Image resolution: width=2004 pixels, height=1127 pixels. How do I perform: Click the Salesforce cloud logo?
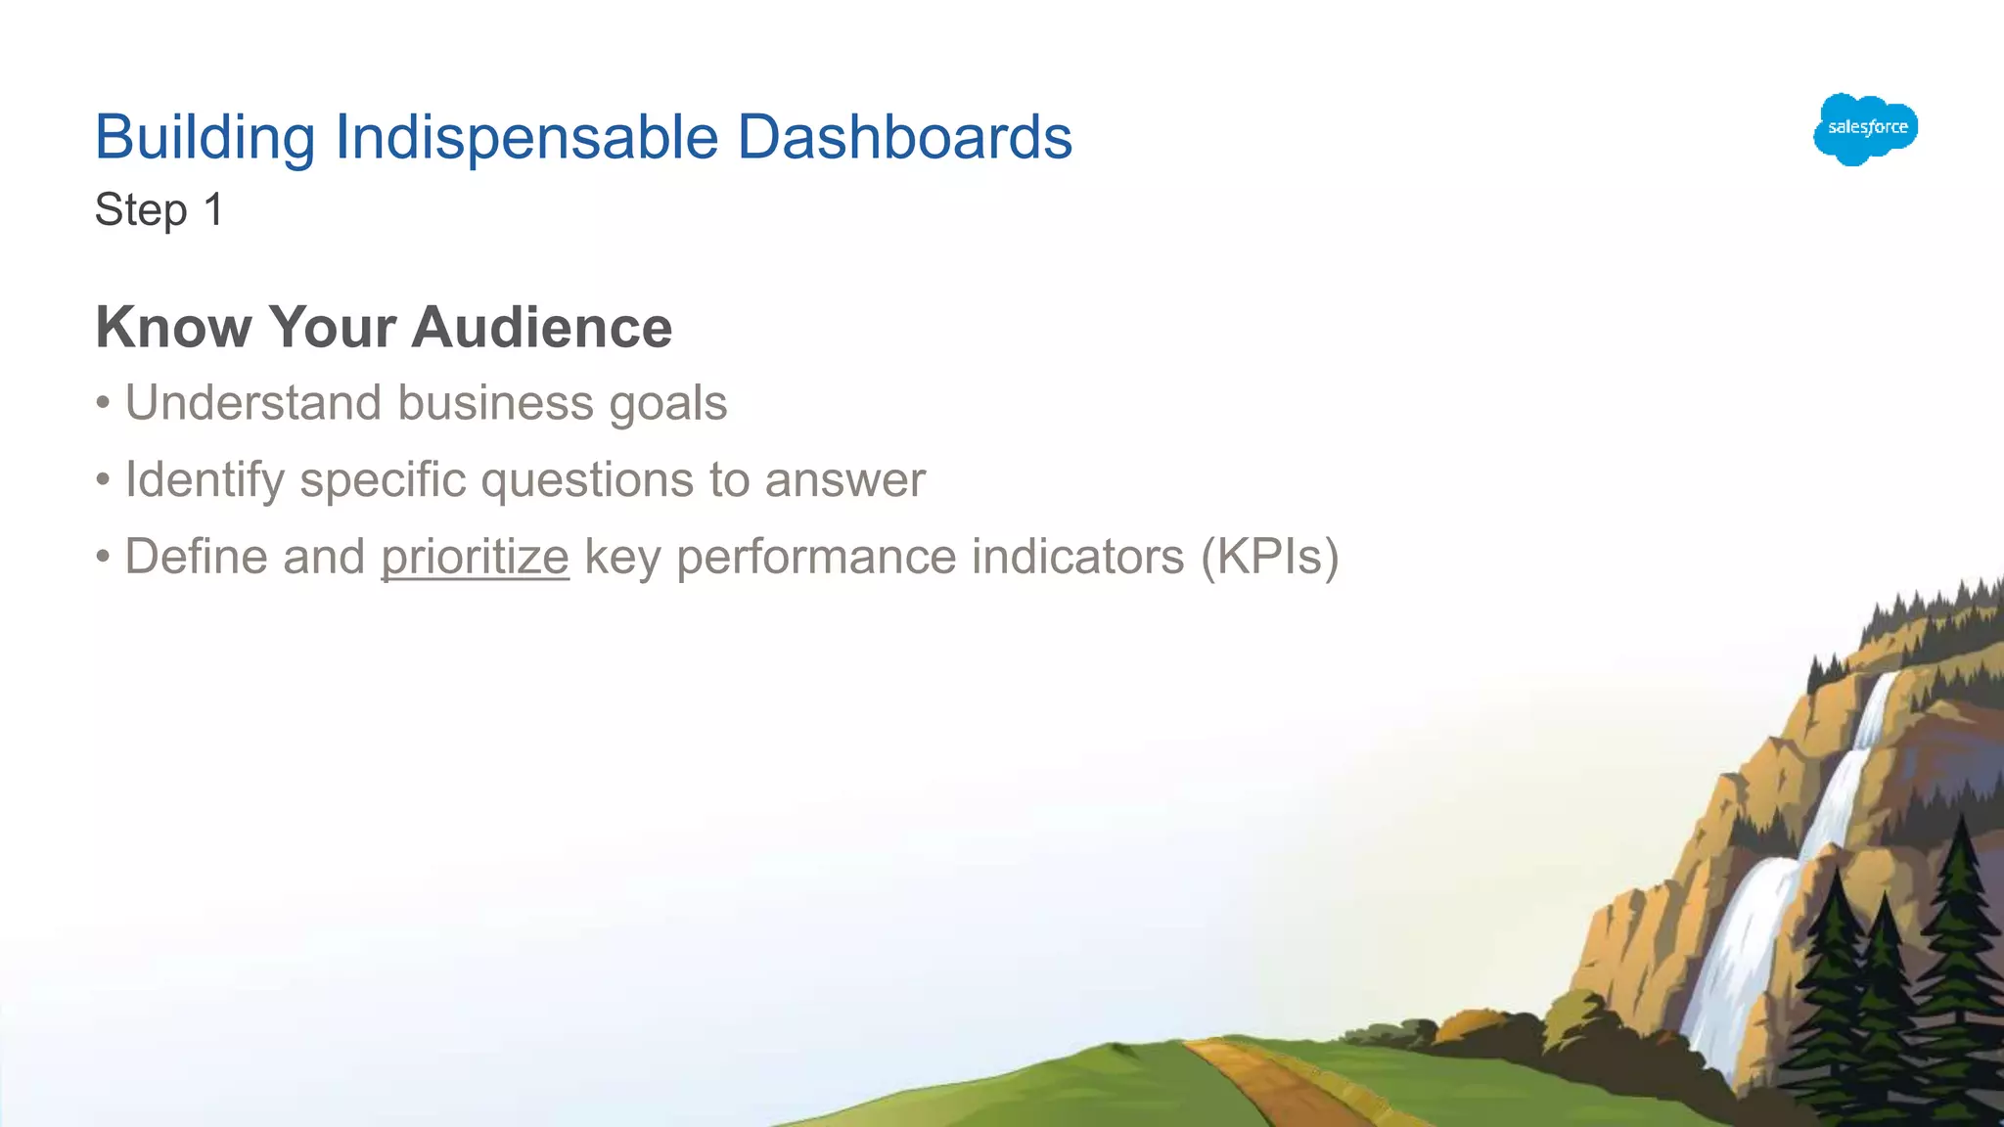[x=1865, y=128]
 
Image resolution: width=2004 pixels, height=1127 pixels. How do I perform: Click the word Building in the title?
[x=205, y=137]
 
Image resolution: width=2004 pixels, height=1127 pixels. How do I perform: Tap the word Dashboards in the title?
[x=904, y=137]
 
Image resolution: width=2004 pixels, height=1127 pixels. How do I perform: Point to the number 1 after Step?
[x=213, y=209]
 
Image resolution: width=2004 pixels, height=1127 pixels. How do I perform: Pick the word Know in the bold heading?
[x=173, y=327]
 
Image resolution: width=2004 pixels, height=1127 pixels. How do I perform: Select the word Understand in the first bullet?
[x=252, y=403]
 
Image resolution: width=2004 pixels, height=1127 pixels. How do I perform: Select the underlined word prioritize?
[x=475, y=558]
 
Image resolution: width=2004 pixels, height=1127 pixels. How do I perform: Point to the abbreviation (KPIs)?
[x=1269, y=558]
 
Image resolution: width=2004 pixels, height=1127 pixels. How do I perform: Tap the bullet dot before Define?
[x=103, y=558]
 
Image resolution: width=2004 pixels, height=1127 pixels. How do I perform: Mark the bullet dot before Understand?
[x=103, y=403]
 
